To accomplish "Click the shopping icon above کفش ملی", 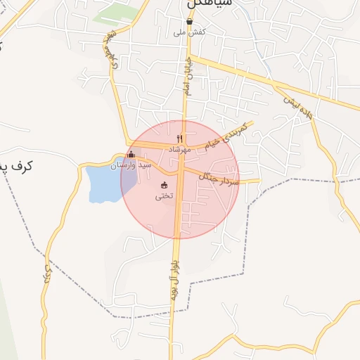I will tap(189, 22).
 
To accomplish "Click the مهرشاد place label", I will tap(180, 149).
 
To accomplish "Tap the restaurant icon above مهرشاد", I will tap(180, 139).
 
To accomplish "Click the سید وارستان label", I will tap(131, 165).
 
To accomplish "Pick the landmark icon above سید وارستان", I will tap(130, 155).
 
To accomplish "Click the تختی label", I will tap(164, 196).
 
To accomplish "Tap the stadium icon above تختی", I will tap(165, 186).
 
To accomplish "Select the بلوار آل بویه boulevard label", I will tap(173, 278).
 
